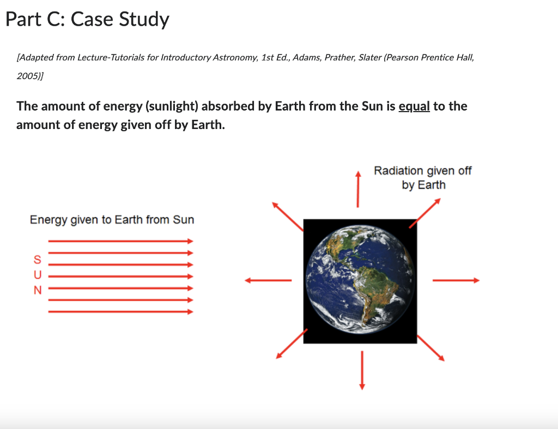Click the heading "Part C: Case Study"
87,20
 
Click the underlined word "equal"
414,106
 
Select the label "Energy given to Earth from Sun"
112,219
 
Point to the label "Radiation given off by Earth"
423,177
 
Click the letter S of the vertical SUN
37,259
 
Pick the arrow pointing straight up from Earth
358,189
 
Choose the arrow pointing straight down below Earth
361,370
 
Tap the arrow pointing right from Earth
456,280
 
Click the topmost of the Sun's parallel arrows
120,241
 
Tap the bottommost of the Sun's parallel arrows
120,312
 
